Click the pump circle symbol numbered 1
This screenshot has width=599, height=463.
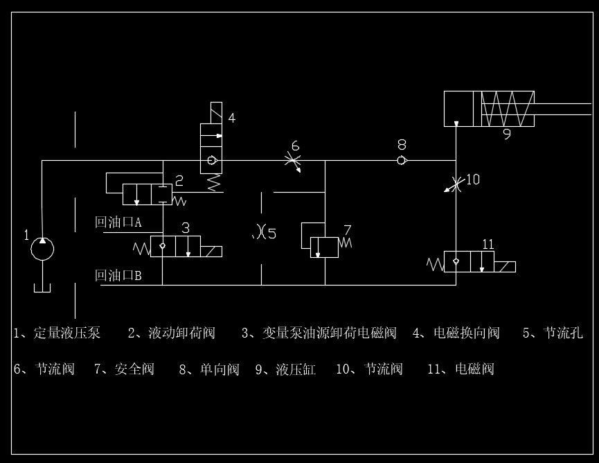click(x=43, y=248)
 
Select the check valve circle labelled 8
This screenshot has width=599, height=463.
click(x=402, y=160)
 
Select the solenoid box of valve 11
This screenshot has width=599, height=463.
click(x=505, y=266)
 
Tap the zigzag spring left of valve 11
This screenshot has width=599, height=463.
click(x=435, y=264)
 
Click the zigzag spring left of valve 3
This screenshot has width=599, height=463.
click(x=141, y=247)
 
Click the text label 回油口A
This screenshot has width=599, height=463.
click(x=118, y=222)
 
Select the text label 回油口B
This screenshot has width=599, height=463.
click(x=118, y=276)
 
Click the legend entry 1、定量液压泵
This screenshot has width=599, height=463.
click(x=57, y=333)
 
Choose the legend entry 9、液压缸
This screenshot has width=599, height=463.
click(x=285, y=369)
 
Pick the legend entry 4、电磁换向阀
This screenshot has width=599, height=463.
click(x=456, y=333)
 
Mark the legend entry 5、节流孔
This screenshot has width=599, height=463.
click(x=553, y=333)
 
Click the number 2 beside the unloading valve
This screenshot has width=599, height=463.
click(x=179, y=181)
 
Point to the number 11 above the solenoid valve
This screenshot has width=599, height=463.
click(x=488, y=244)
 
